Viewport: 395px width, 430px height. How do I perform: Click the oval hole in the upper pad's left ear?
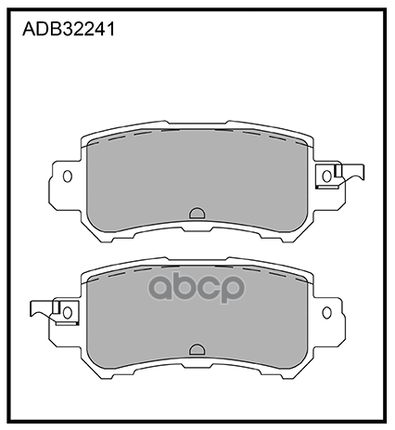pos(67,175)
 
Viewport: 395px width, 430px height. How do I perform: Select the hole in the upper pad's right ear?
pos(327,175)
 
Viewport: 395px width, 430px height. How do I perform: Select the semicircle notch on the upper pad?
pos(197,213)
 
